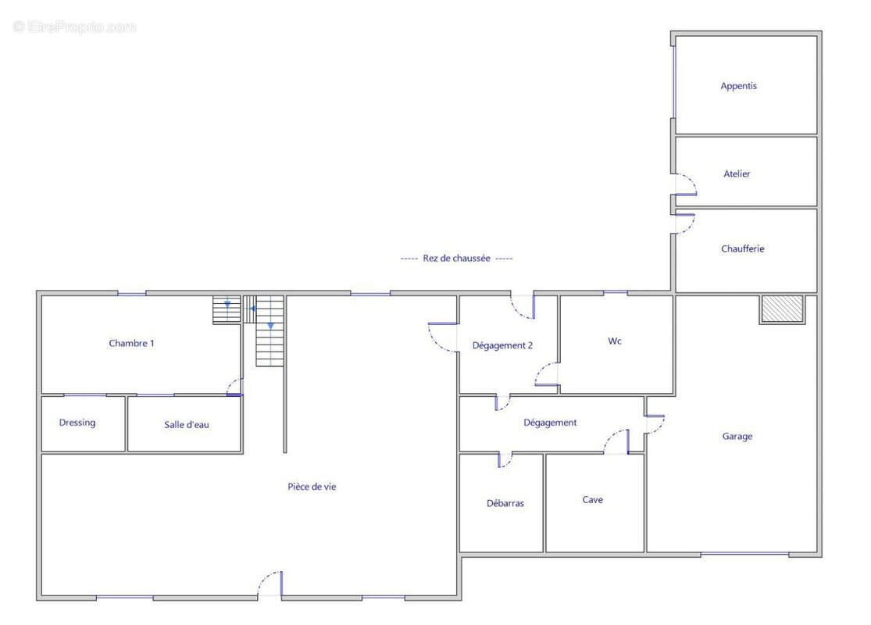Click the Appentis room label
pos(738,86)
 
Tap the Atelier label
pos(737,174)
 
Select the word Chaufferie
pos(743,249)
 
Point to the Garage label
pos(737,437)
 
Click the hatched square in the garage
pos(782,309)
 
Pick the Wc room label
pos(614,341)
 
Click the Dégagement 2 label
pos(502,345)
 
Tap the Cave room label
pos(592,500)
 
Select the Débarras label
pos(505,503)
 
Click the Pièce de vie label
pos(312,487)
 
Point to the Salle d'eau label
pos(187,425)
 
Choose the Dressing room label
pos(77,423)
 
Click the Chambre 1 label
pos(132,343)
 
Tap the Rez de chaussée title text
pos(457,259)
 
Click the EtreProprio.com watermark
pos(74,27)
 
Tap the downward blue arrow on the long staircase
pos(270,326)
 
